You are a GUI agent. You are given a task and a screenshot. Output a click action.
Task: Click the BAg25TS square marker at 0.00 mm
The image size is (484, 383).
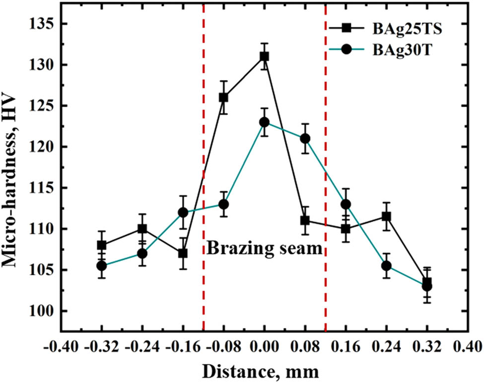[x=264, y=57]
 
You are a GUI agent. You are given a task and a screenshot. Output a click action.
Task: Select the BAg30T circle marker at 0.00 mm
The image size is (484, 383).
[x=264, y=122]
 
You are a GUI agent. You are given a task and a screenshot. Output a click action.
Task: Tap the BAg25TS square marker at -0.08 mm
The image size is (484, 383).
[x=223, y=97]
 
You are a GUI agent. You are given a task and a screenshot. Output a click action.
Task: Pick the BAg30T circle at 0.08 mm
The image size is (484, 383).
[x=305, y=139]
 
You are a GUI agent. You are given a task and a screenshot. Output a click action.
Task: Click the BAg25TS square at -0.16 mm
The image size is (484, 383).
[x=183, y=253]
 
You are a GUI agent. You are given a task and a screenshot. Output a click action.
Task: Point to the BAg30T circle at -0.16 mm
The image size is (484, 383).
[x=183, y=213]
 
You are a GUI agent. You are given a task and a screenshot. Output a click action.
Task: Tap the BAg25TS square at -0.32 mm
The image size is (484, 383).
[x=101, y=245]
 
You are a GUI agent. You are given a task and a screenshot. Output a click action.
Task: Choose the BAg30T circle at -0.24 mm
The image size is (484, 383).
[x=142, y=253]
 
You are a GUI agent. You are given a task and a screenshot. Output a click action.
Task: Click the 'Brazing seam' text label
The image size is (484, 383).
[x=264, y=247]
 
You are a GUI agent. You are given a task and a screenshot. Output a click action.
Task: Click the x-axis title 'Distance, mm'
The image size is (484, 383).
[x=264, y=371]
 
